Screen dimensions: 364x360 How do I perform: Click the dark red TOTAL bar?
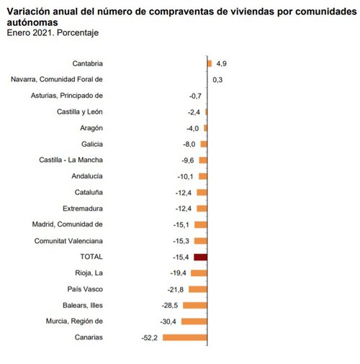tap(201, 257)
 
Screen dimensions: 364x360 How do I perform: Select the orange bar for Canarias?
tap(185, 337)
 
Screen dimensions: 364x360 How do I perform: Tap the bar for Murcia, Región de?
tap(194, 322)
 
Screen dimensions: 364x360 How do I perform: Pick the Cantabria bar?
tap(210, 63)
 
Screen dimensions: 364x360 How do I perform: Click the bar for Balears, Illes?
tap(195, 305)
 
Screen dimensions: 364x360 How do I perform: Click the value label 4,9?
tap(222, 63)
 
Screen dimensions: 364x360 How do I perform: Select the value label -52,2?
tap(149, 337)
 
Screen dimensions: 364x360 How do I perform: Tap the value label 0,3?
tap(217, 79)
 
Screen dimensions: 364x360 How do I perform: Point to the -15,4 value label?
tap(181, 257)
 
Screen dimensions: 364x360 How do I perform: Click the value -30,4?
tap(169, 322)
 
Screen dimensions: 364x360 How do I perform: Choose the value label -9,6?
tap(188, 160)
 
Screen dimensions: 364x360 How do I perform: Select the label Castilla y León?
tap(80, 112)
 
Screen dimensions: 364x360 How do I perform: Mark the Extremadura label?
tap(81, 209)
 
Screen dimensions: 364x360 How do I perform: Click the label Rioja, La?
tap(89, 273)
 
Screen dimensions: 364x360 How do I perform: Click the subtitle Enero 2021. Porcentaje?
tap(53, 33)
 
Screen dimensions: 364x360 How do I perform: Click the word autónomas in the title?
tap(33, 22)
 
